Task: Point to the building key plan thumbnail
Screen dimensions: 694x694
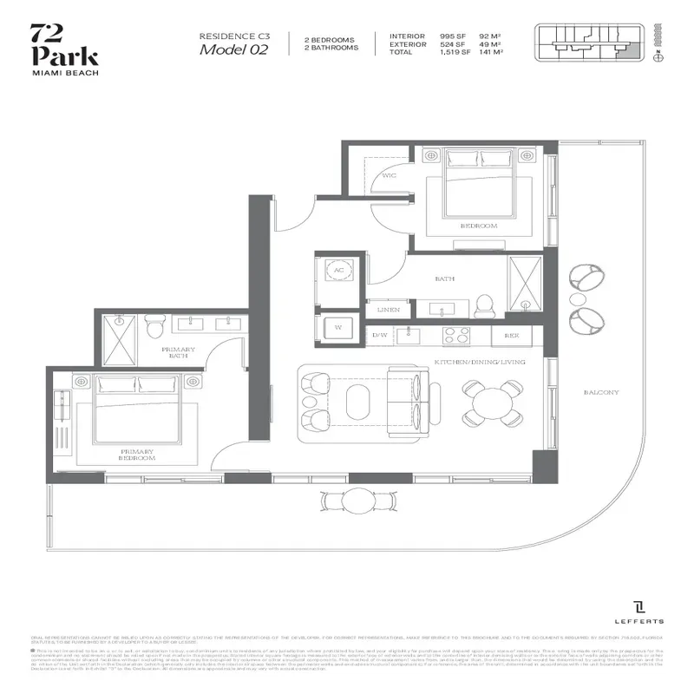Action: tap(591, 39)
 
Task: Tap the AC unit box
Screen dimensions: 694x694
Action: tap(338, 270)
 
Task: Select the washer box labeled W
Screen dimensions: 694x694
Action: tap(337, 328)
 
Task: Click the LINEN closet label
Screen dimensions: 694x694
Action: tap(388, 309)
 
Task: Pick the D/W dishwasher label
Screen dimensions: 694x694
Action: tap(379, 335)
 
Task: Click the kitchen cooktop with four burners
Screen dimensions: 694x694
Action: tap(460, 334)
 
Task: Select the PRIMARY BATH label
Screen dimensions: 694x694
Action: tap(179, 351)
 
